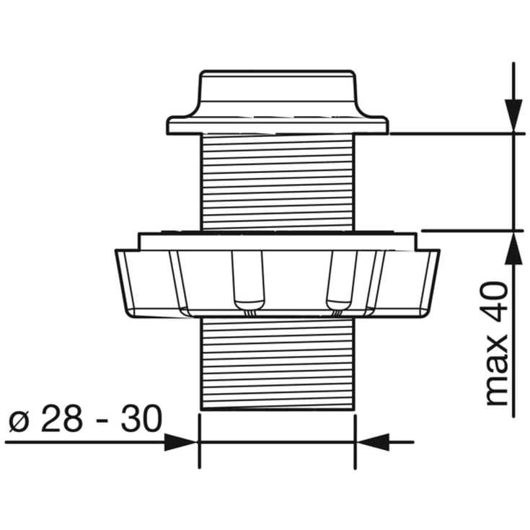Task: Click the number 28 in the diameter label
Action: coord(61,418)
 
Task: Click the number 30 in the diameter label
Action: coord(142,418)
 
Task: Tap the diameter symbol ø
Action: coord(19,421)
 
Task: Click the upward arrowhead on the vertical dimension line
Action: coord(513,249)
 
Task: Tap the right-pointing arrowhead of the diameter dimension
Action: coord(180,442)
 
